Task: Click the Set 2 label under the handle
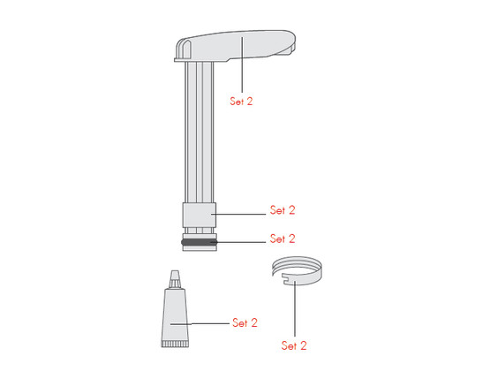(x=241, y=102)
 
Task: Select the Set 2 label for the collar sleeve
(x=282, y=211)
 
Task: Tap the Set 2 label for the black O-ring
(x=282, y=238)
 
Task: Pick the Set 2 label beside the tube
(x=245, y=322)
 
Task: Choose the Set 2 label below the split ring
(x=294, y=344)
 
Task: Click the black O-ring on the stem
(x=198, y=241)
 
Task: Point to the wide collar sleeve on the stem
(x=198, y=216)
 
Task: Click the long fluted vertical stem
(x=198, y=132)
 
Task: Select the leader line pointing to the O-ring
(x=238, y=240)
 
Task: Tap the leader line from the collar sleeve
(x=238, y=213)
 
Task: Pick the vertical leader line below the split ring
(x=294, y=309)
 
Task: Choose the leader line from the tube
(x=207, y=323)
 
